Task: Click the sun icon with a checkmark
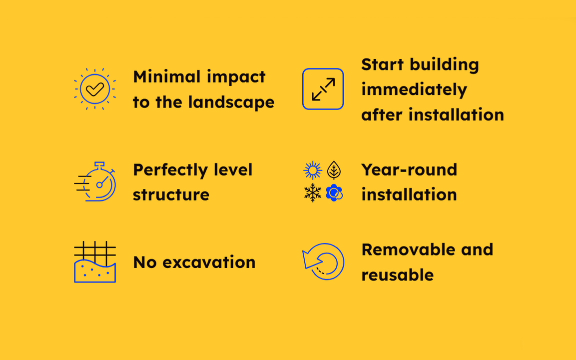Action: coord(95,89)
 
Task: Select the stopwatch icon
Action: coord(95,181)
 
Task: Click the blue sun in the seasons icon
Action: coord(313,170)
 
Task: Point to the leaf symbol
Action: coord(334,170)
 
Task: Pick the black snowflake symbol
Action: coord(313,192)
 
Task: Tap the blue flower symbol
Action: coord(334,192)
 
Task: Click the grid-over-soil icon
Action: coord(95,262)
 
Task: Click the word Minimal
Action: coord(167,77)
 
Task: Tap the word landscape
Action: coord(231,102)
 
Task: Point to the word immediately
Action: coord(414,89)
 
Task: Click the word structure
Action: coord(171,195)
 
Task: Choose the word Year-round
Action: coord(409,170)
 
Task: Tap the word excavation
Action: coord(209,262)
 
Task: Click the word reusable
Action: coord(398,275)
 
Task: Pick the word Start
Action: coord(383,64)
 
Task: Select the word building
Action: coord(445,65)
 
